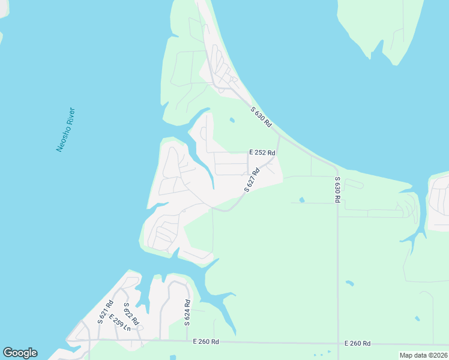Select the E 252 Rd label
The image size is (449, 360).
pos(262,153)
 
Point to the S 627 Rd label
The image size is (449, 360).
pos(252,180)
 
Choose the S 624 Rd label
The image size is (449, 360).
pos(187,312)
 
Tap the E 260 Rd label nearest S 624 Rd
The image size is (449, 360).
pos(206,341)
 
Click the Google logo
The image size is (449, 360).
pos(20,353)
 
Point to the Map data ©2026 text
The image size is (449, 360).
pos(423,355)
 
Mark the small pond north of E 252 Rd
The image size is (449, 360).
pos(232,120)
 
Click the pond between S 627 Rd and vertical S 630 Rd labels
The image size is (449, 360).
pos(301,200)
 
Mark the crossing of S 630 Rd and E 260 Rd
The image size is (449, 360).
pos(338,343)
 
